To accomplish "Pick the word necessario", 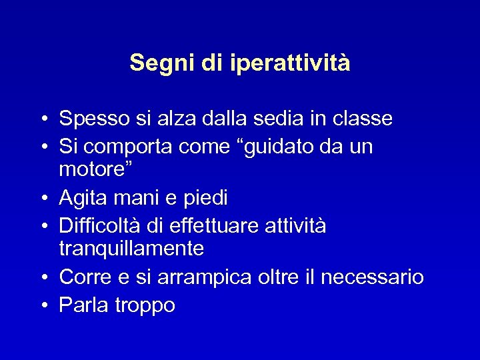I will tap(371, 277).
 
